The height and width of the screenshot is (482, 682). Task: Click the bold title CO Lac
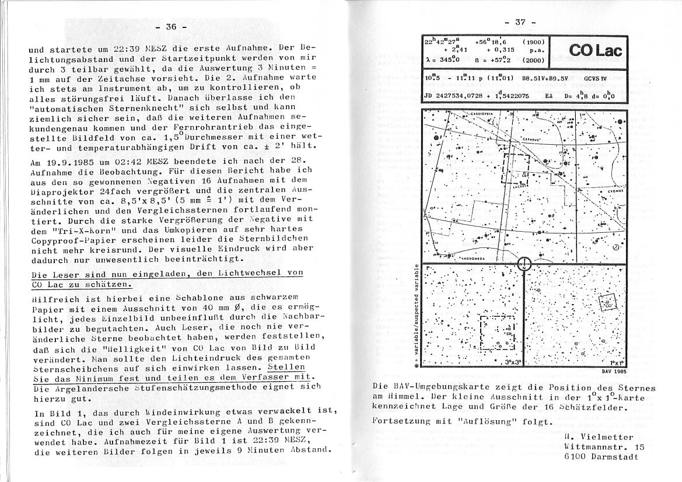(595, 51)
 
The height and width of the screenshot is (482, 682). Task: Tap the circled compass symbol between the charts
(523, 264)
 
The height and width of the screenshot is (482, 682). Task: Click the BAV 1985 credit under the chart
(614, 371)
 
